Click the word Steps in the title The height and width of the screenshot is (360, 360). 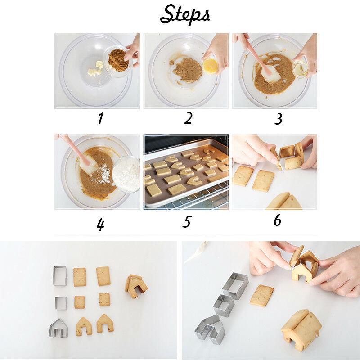(185, 14)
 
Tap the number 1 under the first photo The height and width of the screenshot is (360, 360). (100, 119)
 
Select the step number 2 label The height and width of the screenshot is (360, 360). (188, 118)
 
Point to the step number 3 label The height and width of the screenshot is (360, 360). (279, 119)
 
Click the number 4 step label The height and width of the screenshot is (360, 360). (100, 224)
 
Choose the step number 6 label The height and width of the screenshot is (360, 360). (277, 220)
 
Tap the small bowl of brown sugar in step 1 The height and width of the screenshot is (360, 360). (118, 61)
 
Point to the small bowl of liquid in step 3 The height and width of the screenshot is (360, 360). (301, 68)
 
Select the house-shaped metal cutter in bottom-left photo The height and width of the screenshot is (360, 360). (58, 328)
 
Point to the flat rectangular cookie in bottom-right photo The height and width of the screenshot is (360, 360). (261, 295)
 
